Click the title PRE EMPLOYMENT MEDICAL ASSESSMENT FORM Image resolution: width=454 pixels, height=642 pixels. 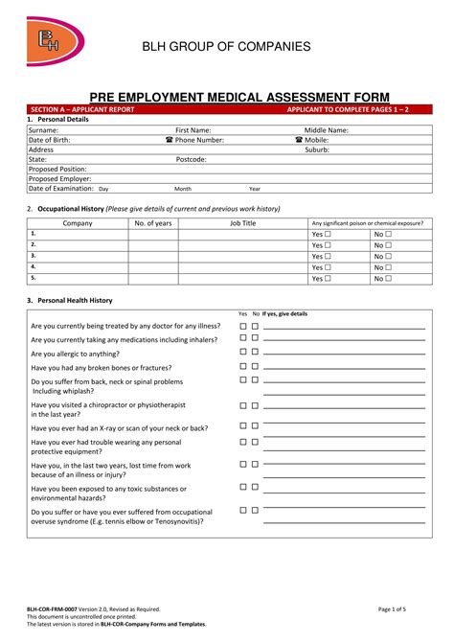coord(226,97)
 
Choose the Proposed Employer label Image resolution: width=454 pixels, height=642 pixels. coord(59,178)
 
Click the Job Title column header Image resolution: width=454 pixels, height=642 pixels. coord(242,223)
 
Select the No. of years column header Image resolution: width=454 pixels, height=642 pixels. coord(153,223)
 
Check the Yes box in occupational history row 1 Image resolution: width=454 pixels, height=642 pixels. coord(329,234)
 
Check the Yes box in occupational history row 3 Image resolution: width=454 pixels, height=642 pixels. coord(329,256)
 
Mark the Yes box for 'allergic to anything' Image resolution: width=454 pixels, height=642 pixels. coord(243,353)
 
